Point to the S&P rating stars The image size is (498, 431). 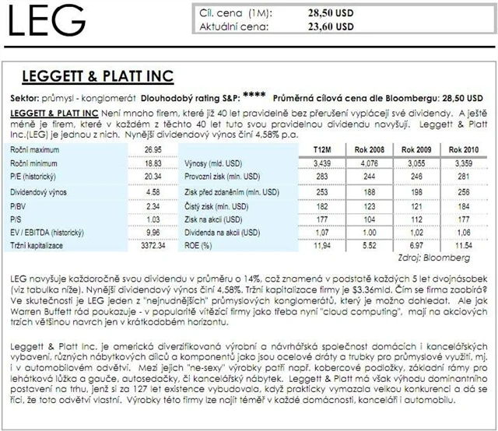click(254, 96)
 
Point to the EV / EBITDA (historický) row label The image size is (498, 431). click(51, 230)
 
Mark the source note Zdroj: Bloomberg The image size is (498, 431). click(448, 257)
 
